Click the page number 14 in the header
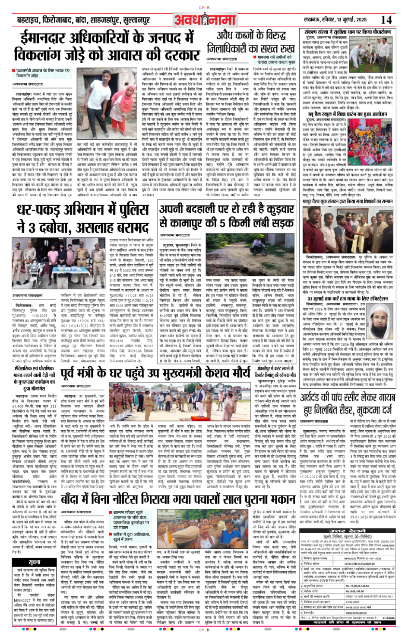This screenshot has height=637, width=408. [x=386, y=19]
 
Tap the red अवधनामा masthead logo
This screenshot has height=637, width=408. [x=205, y=19]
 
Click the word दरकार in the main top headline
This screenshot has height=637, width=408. [x=179, y=55]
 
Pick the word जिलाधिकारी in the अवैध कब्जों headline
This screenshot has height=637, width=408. [x=235, y=48]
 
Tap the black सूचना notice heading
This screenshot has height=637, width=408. [x=35, y=562]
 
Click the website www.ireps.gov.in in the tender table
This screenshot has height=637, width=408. [x=356, y=613]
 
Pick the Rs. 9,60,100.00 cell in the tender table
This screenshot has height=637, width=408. [x=354, y=591]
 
